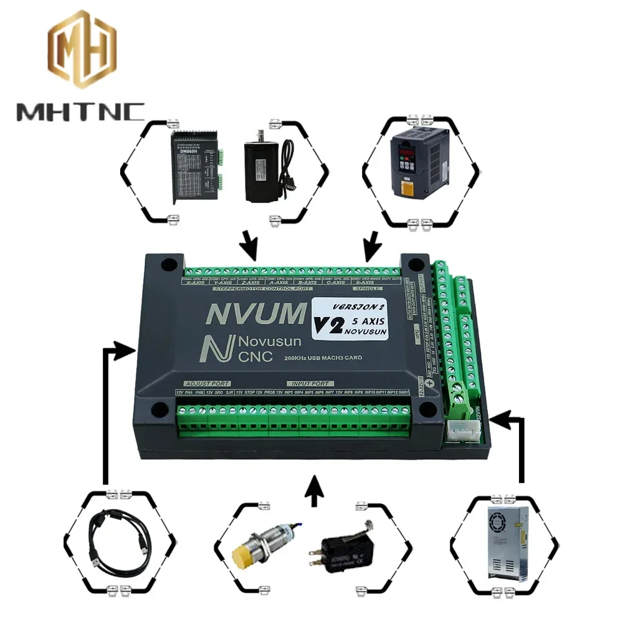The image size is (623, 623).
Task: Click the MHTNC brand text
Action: [x=80, y=112]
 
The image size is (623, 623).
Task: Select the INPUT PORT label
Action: [x=310, y=383]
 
